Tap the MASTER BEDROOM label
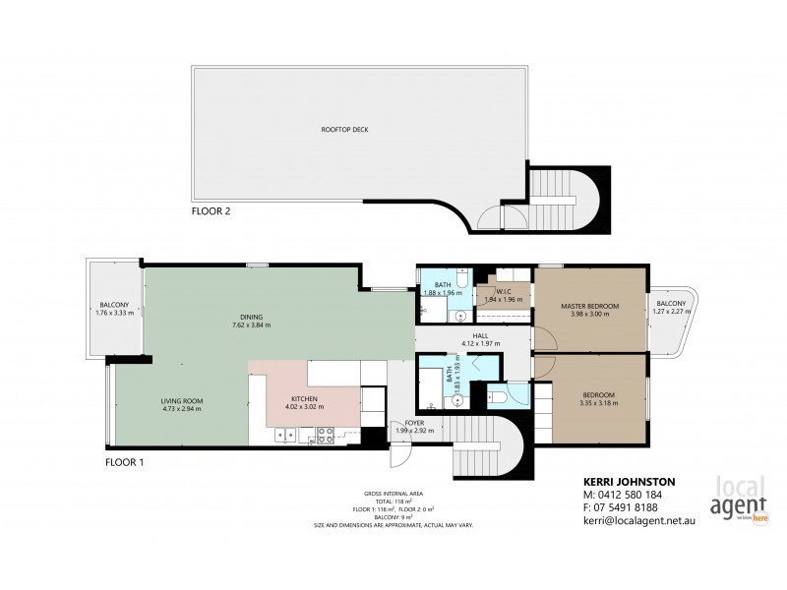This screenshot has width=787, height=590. click(590, 306)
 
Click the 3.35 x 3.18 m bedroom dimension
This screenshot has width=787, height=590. click(597, 401)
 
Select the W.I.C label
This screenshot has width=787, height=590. click(503, 291)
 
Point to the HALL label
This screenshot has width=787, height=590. click(480, 334)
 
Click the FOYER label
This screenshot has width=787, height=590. click(414, 422)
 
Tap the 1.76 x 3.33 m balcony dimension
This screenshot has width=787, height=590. click(114, 313)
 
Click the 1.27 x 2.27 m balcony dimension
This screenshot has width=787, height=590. click(674, 312)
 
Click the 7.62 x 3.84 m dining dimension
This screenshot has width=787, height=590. click(251, 324)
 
